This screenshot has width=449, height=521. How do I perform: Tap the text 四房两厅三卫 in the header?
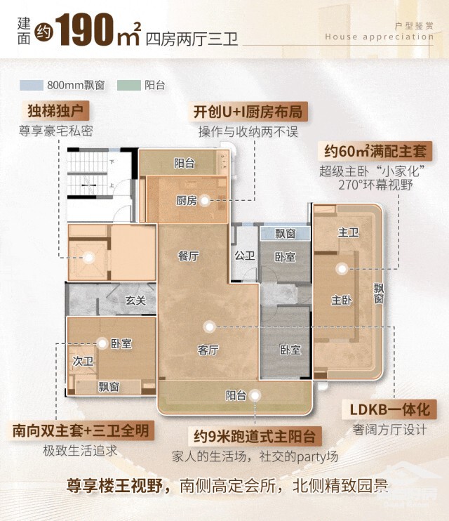coord(192,37)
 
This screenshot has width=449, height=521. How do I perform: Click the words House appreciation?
coord(379,37)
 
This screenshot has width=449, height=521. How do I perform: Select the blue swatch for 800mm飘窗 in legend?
coord(30,85)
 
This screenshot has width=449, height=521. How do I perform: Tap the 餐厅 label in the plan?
coord(189,256)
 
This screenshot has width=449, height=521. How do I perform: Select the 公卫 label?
coord(244,256)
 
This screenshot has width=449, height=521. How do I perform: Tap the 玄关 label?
coord(135,301)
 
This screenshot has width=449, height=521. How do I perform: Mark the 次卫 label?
coord(83,361)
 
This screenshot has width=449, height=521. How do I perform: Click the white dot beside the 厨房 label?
coord(204,201)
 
